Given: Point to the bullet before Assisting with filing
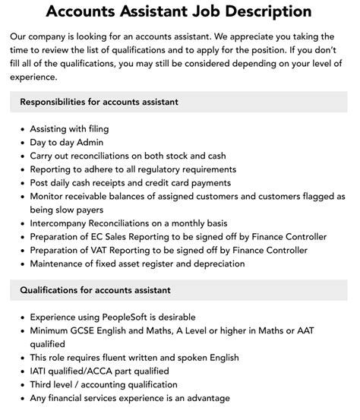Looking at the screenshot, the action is (22, 128).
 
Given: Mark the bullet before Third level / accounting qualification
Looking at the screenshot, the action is (22, 385).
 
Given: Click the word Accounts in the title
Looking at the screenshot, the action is (83, 12).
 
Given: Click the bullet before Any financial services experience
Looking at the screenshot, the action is (22, 399).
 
